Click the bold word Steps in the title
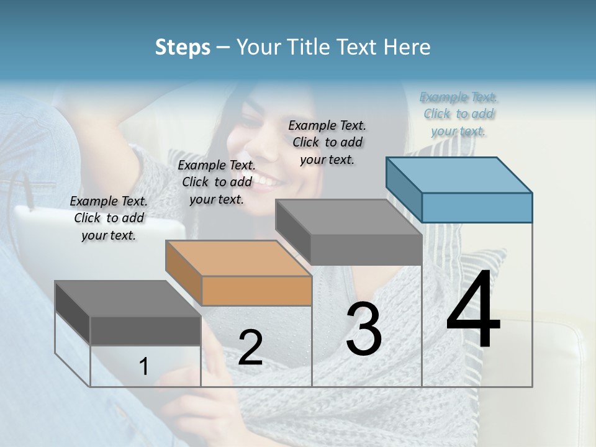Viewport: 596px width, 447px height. tap(183, 47)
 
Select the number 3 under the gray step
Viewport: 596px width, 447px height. tap(364, 328)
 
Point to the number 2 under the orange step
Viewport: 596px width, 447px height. tap(250, 348)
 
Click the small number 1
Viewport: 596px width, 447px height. tap(143, 366)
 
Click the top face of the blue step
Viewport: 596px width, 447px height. tap(459, 174)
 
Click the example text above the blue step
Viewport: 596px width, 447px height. tap(458, 114)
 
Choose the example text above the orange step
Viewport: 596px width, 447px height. tap(216, 182)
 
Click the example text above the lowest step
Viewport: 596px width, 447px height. tap(109, 218)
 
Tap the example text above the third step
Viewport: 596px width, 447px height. tap(327, 142)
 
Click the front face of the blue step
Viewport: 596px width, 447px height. tap(477, 207)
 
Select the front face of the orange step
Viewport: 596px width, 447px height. tap(256, 291)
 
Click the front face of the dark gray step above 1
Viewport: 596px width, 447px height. tap(145, 330)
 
